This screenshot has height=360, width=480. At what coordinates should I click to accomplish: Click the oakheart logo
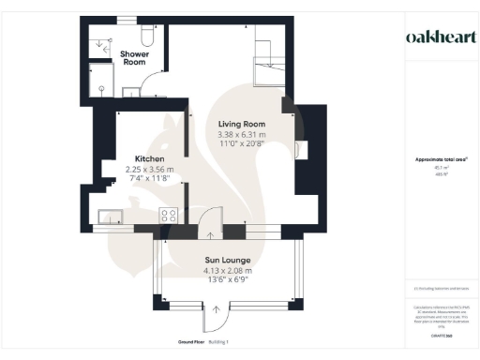click(438, 37)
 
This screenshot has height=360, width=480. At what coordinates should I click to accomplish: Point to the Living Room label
click(242, 125)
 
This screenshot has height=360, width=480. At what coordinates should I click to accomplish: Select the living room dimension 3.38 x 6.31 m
click(242, 134)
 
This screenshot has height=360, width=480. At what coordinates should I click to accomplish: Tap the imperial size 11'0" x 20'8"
click(242, 143)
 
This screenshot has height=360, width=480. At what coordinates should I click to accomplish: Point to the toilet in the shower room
click(145, 35)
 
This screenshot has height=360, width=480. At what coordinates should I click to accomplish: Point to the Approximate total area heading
click(437, 160)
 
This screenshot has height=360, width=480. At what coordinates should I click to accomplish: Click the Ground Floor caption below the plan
click(192, 342)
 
